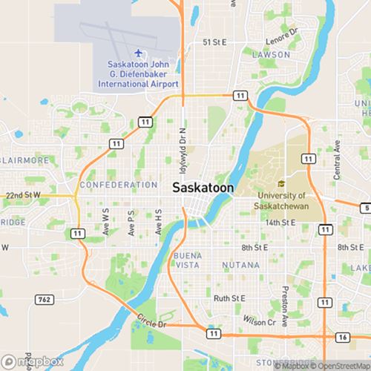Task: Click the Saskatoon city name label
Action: pos(203,188)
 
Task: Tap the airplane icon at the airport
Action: pos(139,53)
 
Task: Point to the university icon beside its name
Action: pos(281,184)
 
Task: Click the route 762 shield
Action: pos(45,299)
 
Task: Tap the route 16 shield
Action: pos(341,337)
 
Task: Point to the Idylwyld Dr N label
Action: pos(183,139)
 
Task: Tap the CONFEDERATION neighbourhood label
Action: pos(118,185)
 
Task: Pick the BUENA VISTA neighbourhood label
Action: pos(186,260)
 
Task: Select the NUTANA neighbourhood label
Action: pos(240,265)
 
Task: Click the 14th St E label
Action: pos(280,222)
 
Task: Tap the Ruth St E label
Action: pos(229,298)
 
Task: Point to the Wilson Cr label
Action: pos(259,323)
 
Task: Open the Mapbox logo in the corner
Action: pos(33,361)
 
